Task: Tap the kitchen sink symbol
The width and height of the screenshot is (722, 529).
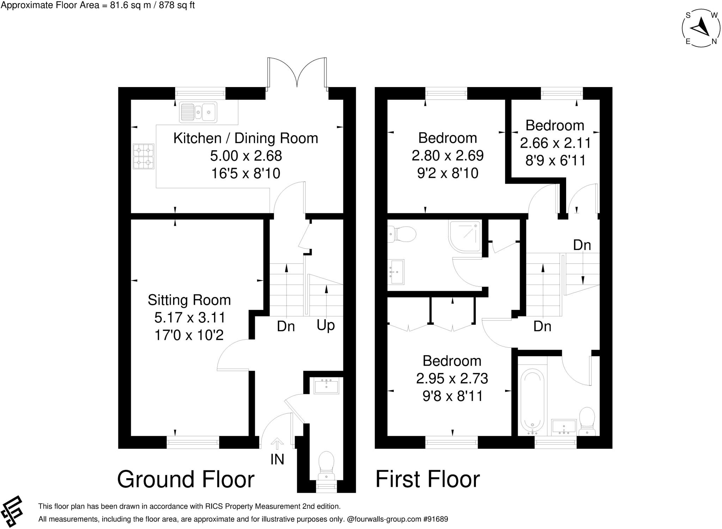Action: [198, 112]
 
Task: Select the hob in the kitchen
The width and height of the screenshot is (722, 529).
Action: [143, 156]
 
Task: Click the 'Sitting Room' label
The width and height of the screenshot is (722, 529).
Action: [189, 300]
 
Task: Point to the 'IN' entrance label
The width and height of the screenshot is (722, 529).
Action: [277, 459]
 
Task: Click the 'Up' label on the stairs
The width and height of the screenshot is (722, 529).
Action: [325, 325]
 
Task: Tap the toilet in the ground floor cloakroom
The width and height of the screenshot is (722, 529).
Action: [326, 466]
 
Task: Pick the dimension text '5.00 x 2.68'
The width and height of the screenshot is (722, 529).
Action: [246, 156]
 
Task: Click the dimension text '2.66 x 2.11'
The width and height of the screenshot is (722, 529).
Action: [555, 143]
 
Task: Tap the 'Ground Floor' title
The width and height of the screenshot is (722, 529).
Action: [186, 479]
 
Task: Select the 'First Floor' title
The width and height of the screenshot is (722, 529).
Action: [427, 479]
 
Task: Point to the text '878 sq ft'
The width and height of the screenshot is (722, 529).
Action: [177, 5]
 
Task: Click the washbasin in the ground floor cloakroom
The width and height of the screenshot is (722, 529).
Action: [326, 386]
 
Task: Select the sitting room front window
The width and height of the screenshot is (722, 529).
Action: [193, 442]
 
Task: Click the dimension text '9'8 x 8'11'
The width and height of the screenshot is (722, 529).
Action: [452, 396]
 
